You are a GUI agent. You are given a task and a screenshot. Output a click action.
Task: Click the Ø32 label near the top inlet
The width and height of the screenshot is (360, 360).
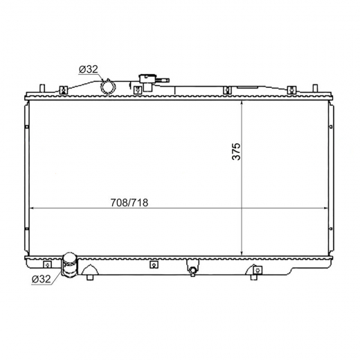point(89,69)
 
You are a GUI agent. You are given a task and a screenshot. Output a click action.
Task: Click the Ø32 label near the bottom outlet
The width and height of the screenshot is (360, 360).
point(41,279)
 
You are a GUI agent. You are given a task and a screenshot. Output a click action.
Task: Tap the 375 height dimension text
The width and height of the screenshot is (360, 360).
point(236,152)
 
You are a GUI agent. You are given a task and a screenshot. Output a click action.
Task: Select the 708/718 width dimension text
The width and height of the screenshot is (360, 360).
point(129,203)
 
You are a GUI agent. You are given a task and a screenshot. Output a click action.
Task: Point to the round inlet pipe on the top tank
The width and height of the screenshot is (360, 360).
point(108,87)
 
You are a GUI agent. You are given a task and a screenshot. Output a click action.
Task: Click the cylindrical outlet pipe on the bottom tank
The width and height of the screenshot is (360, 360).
point(70,264)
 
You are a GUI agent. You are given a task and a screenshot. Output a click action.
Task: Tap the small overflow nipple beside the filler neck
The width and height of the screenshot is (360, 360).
point(163,80)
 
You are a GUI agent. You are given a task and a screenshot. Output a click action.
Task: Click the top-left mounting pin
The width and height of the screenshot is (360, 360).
point(42,89)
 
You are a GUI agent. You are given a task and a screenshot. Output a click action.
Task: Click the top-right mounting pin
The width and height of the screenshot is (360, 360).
point(315,89)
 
